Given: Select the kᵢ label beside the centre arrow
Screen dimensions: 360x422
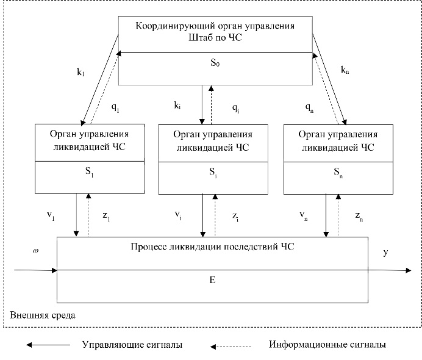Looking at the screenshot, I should click(177, 106).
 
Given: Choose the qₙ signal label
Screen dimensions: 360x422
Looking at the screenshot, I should click(309, 106).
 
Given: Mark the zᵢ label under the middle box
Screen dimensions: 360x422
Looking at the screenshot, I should click(236, 215).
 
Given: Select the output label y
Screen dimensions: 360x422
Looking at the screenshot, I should click(385, 251).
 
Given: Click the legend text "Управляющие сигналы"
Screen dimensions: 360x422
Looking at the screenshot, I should click(132, 345).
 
